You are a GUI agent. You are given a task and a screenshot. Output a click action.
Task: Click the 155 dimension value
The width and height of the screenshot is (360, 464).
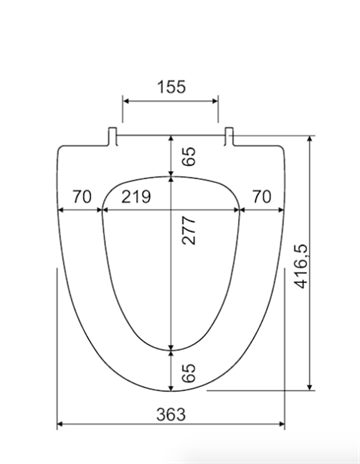171,87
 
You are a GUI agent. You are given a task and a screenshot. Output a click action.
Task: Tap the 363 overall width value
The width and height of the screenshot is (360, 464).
171,414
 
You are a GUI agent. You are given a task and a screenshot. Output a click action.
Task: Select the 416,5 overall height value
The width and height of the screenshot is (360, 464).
302,267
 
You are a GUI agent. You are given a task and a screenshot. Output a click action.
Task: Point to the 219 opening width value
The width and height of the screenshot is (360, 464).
136,197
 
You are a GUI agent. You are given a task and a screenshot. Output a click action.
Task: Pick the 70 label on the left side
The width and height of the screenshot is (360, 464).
82,197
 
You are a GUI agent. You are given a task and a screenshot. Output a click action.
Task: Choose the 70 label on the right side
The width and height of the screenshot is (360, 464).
262,197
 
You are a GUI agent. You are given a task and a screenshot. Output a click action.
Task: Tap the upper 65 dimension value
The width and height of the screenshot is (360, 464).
189,156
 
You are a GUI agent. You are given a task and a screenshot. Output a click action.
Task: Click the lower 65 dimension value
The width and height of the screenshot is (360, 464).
189,373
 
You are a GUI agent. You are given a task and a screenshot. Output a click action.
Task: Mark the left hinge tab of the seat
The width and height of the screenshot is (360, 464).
112,136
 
